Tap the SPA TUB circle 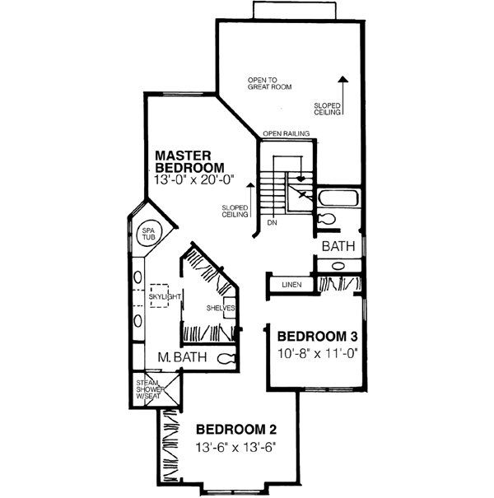coord(148,234)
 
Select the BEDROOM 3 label coord(317,336)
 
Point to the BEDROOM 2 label coord(235,429)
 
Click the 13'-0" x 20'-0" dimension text coord(194,178)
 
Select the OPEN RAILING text coord(286,133)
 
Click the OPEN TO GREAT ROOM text coord(270,83)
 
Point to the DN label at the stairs coord(271,223)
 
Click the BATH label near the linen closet coord(338,246)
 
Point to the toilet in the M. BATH coord(227,358)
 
